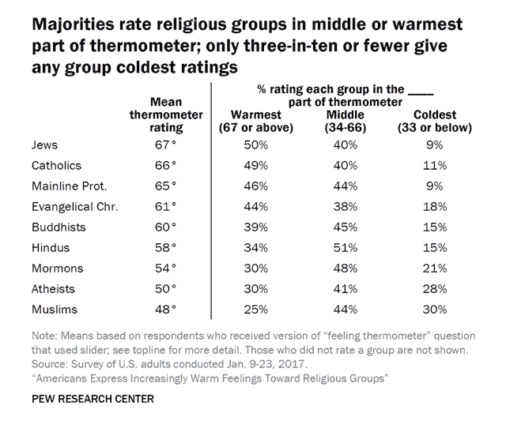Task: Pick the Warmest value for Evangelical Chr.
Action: [251, 206]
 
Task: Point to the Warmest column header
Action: [251, 120]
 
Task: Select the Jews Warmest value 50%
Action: [251, 145]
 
